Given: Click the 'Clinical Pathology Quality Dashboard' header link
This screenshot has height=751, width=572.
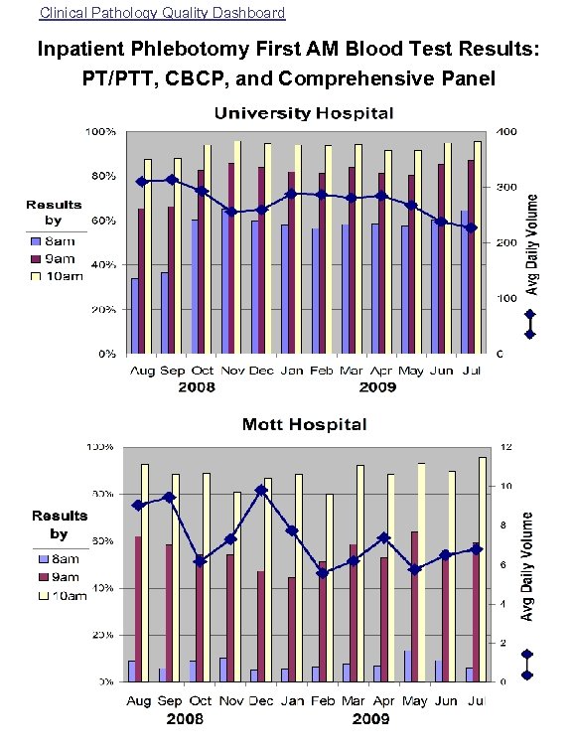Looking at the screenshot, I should [162, 13].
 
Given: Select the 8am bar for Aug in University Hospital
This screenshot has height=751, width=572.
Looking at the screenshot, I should [134, 316].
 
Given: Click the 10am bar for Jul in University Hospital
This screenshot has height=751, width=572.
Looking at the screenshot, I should [478, 247].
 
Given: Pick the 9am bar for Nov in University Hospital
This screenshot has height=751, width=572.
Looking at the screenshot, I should [231, 258].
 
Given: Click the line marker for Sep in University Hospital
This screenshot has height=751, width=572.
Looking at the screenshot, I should [172, 180].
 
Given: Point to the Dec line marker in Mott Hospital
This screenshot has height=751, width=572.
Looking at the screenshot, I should [261, 490].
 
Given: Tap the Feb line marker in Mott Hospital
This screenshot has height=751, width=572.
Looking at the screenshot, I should [323, 572].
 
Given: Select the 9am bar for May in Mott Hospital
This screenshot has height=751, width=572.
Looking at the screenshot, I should [415, 606].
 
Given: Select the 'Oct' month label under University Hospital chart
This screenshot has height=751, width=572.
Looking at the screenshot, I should [203, 371].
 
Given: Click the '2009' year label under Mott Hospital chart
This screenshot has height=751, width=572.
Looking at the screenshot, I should [371, 718].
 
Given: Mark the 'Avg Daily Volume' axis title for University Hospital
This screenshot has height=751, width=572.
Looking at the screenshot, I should [532, 244].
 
